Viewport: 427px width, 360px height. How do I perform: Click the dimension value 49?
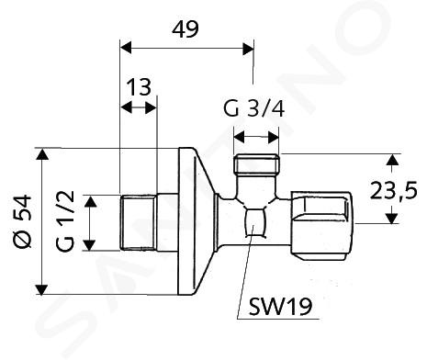click(185, 29)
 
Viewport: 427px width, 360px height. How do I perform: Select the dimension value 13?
click(139, 87)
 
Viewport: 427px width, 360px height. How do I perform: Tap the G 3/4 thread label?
click(254, 108)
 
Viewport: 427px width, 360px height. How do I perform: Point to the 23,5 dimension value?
click(393, 190)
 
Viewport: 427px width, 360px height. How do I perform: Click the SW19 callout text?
click(280, 307)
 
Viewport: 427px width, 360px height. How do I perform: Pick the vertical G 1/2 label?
click(65, 220)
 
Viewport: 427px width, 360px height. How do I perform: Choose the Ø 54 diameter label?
click(23, 221)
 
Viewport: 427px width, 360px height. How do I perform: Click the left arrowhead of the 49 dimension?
click(126, 49)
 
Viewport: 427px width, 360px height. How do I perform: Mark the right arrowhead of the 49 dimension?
click(248, 49)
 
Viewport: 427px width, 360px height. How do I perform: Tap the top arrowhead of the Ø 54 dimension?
click(42, 154)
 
